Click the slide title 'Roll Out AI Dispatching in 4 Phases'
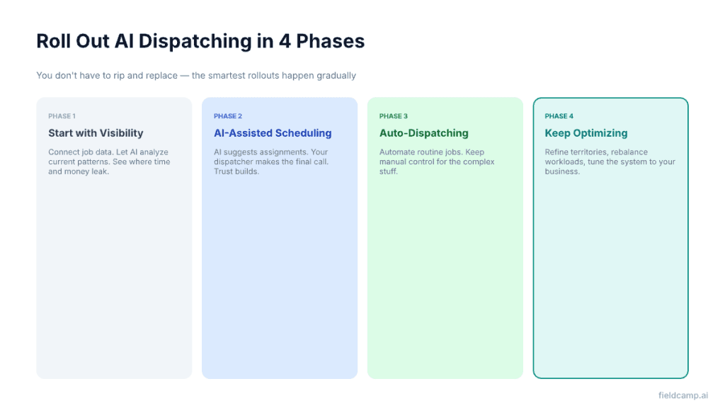[x=200, y=42]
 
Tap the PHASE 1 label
[x=62, y=116]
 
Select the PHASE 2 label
[x=228, y=116]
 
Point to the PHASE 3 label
[x=394, y=116]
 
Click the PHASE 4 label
[x=559, y=116]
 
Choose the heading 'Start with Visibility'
[x=96, y=133]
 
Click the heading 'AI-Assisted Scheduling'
[x=273, y=133]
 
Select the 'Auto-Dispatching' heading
[x=424, y=133]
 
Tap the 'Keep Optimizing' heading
[x=586, y=133]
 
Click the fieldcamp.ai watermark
[x=683, y=396]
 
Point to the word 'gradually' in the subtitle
[x=337, y=76]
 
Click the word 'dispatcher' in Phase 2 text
[x=232, y=162]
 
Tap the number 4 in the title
[x=285, y=42]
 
